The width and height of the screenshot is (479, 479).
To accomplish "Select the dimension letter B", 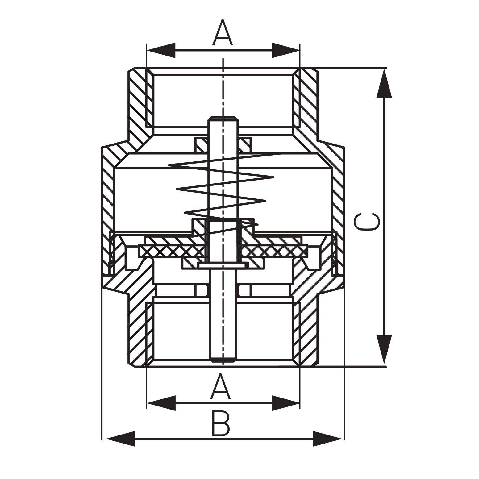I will pos(221,423).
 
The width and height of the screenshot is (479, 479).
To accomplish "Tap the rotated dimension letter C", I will pos(367,221).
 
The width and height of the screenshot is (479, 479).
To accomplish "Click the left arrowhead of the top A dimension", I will pos(161,50).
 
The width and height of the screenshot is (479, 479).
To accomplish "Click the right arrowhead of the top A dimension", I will pos(285,50).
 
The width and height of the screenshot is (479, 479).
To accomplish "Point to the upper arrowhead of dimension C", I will pos(384,83).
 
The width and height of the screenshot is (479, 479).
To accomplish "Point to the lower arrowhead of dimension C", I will pos(384,349).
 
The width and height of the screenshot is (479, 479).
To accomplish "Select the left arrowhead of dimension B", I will pos(120,439).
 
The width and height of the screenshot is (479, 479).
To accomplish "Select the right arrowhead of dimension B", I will pos(328,439).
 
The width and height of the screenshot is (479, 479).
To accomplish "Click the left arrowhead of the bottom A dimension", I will pos(161,403).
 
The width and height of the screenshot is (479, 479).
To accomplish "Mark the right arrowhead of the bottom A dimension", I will pos(285,403).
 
